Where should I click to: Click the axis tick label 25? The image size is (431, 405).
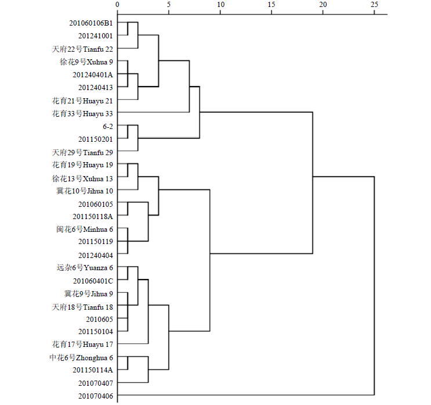point(374,5)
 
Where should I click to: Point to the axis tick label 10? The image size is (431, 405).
point(220,5)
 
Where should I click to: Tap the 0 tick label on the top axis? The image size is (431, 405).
point(117,5)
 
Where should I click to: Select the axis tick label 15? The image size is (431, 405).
point(271,5)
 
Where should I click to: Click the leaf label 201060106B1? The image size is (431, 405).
point(91,23)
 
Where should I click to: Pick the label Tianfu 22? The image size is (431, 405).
point(98,49)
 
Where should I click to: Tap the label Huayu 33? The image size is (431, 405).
point(97,114)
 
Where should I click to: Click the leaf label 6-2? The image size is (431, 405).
point(108,126)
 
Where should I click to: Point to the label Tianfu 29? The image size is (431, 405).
point(98,153)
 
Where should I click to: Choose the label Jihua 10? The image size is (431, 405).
point(100,191)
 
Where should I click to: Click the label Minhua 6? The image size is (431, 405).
point(98,230)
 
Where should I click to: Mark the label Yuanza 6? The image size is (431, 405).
point(99,268)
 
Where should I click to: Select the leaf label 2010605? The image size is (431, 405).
point(100,320)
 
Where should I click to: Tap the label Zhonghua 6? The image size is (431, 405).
point(95,358)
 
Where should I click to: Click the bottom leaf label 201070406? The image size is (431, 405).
point(96,396)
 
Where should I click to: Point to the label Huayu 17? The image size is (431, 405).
point(97,345)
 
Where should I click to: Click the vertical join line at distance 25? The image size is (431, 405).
point(374,285)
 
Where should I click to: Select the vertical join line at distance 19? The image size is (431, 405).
point(313,183)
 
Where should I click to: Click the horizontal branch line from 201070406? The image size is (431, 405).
point(246,395)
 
